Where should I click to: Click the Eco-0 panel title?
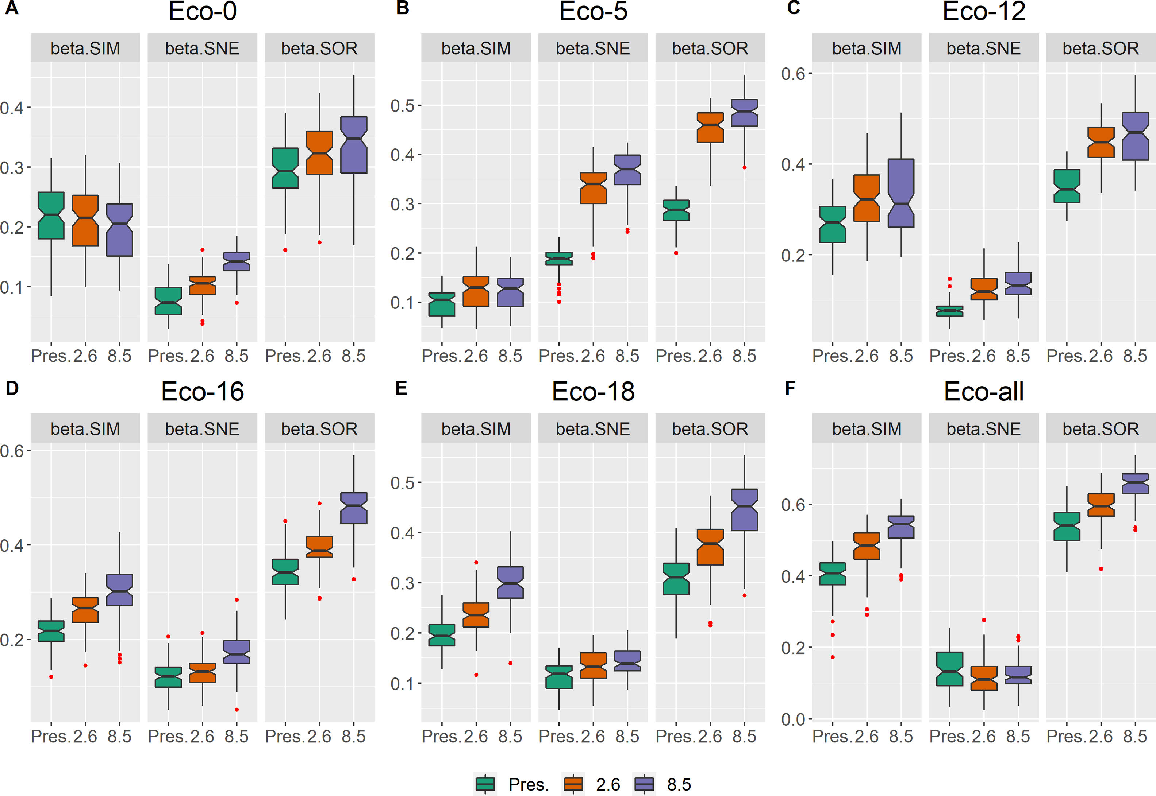coord(202,12)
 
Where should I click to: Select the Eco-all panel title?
coord(983,392)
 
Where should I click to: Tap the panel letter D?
coord(12,388)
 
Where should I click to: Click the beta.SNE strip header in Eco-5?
coord(593,48)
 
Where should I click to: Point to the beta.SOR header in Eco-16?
coord(319,429)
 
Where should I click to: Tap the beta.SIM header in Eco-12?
coord(867,48)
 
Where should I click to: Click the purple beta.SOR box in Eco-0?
coord(354,145)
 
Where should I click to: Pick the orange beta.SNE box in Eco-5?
coord(593,188)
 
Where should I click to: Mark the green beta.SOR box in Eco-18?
coord(676,579)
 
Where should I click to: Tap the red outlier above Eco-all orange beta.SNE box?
coord(984,620)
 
